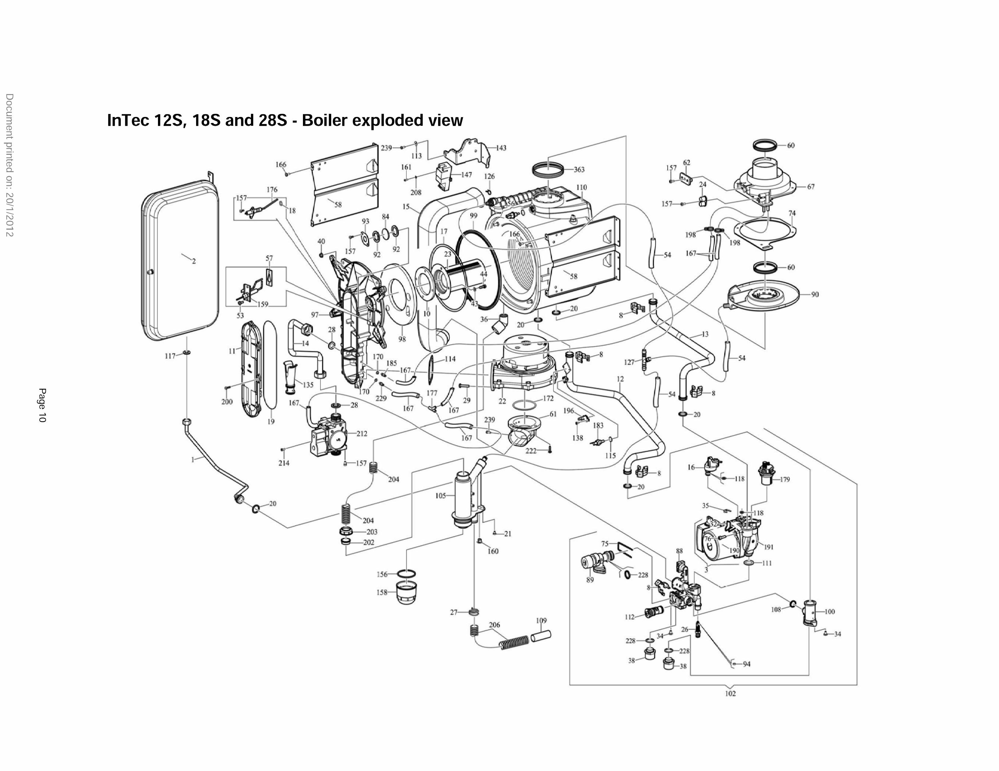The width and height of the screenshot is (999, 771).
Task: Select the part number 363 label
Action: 579,170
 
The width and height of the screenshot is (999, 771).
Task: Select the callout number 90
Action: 815,295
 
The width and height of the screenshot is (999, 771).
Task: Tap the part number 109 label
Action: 541,621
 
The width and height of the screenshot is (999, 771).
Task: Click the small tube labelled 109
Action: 541,636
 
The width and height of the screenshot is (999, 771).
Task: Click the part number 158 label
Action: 382,592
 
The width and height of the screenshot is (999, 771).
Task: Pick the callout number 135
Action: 308,385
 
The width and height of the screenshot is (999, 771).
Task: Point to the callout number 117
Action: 170,356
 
